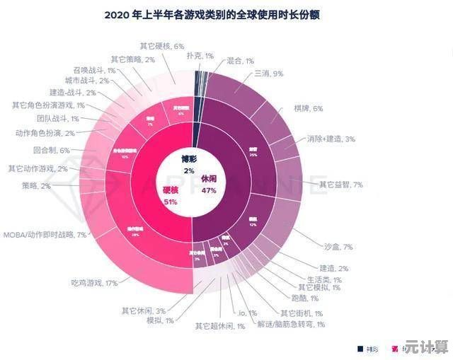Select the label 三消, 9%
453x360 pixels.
(x=268, y=74)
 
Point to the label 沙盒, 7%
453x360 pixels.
(x=338, y=247)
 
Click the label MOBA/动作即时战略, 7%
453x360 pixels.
(x=45, y=234)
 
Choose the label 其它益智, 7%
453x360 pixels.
(x=340, y=185)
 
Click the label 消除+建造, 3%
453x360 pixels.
(x=331, y=139)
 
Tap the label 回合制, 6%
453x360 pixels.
(x=51, y=150)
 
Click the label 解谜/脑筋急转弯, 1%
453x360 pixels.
(x=291, y=324)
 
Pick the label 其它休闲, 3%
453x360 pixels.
(x=144, y=310)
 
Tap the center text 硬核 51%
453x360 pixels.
(x=170, y=196)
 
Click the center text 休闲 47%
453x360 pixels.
(x=209, y=185)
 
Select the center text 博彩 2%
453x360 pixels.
(x=188, y=164)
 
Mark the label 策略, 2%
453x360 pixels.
(x=36, y=186)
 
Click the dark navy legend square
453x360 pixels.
(x=360, y=348)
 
